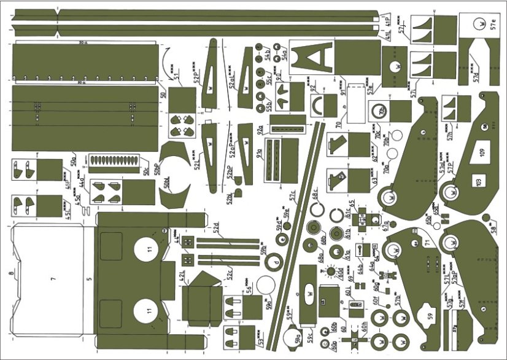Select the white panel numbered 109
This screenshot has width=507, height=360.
482,154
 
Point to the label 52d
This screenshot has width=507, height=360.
216,230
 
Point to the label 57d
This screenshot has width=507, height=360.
475,75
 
